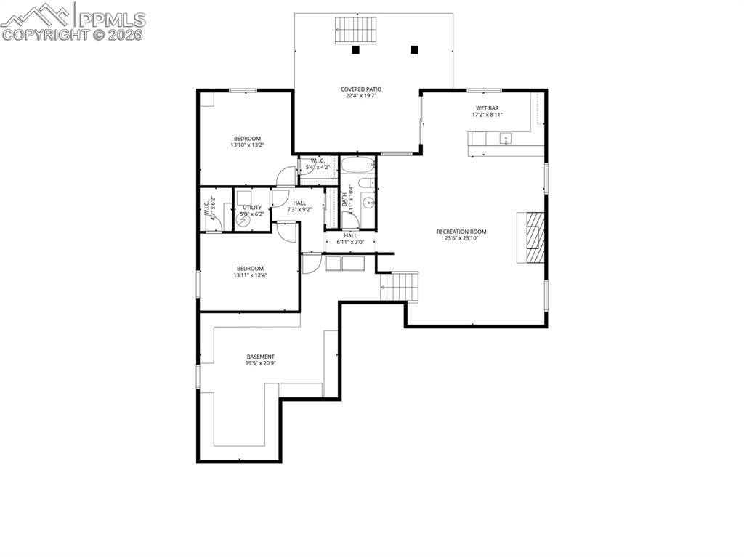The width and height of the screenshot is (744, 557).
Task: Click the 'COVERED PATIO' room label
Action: tap(361, 89)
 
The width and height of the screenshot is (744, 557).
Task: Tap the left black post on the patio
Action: tap(355, 50)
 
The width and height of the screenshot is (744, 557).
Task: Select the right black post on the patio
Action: tap(414, 50)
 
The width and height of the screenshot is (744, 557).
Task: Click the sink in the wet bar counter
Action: tap(505, 138)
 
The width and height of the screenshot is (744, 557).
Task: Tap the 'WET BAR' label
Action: tap(487, 108)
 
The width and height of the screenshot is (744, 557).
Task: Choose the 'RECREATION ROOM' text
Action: tap(461, 232)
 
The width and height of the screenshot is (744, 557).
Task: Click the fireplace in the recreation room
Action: tap(530, 237)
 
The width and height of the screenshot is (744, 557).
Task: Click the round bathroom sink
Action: tap(368, 203)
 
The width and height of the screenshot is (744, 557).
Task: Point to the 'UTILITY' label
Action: tap(252, 208)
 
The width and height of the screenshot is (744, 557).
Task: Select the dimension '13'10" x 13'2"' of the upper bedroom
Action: tap(247, 145)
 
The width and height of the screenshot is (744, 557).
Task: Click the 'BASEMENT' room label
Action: tap(260, 357)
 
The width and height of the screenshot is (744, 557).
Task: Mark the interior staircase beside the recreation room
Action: tap(400, 286)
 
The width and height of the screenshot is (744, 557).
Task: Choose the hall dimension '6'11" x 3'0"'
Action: tap(350, 242)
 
